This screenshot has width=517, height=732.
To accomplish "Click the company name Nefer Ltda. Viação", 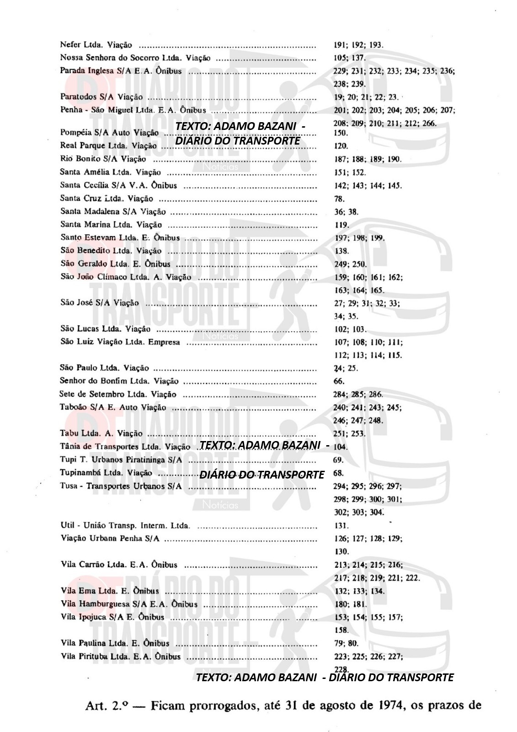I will [x=96, y=45].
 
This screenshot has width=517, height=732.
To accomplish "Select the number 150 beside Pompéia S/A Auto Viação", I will [x=341, y=133].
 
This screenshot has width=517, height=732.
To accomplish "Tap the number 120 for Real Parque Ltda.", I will [x=341, y=146].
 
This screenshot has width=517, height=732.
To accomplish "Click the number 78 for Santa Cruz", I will [x=339, y=199].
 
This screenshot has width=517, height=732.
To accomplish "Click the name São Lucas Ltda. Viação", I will [x=105, y=329].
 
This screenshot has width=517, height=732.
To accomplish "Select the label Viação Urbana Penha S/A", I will [x=110, y=538].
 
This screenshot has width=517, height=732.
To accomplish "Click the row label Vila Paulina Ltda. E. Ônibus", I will [x=115, y=643].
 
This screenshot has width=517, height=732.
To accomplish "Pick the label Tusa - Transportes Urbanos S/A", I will [x=121, y=486].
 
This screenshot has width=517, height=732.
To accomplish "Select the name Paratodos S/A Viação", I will [x=101, y=97].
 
